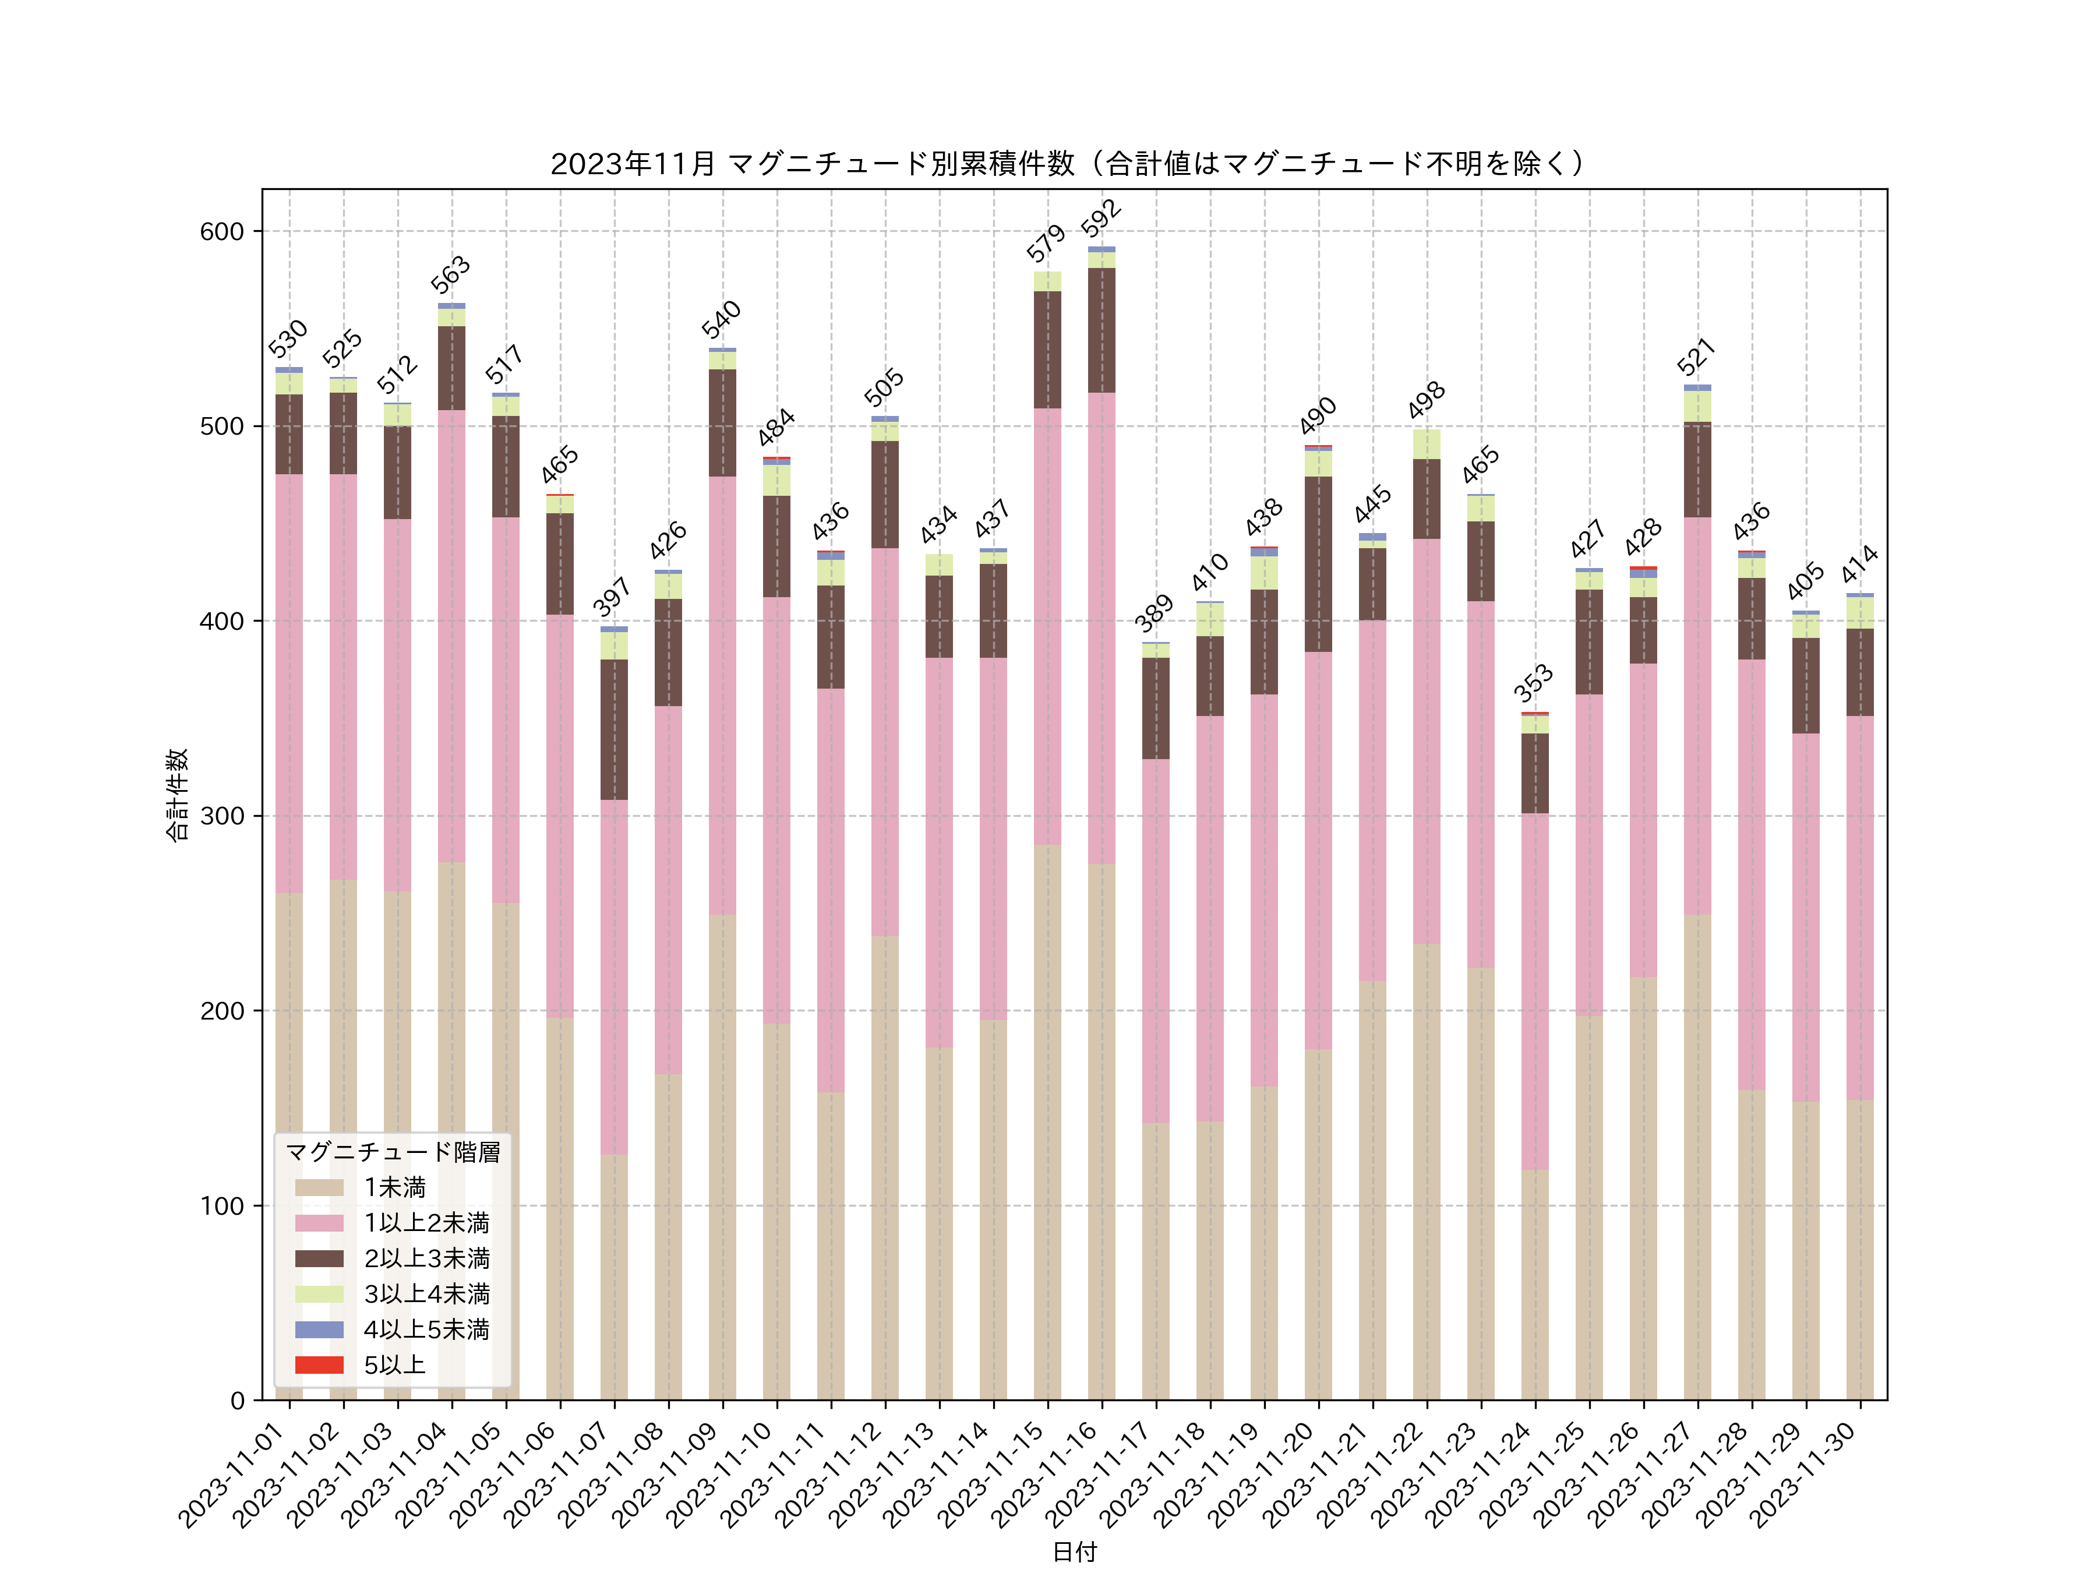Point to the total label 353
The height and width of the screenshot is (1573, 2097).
[x=1533, y=683]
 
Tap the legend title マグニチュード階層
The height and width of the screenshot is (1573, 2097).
[x=393, y=1152]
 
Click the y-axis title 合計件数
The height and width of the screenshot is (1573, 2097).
[x=177, y=795]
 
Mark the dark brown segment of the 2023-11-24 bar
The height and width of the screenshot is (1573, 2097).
[x=1535, y=773]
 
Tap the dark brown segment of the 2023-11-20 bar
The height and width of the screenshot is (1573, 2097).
[x=1318, y=564]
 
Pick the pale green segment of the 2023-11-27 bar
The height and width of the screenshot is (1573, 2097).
[x=1697, y=406]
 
